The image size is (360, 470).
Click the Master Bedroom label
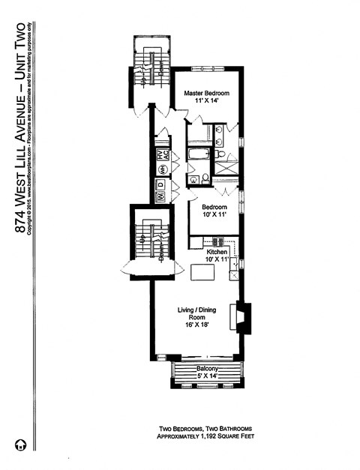(x=207, y=93)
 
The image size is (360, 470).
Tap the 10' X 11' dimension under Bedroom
(x=215, y=214)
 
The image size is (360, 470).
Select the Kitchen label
(x=217, y=252)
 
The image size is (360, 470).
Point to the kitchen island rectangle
(x=202, y=274)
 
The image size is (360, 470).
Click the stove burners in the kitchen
(x=219, y=241)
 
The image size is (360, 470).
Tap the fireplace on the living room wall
(x=243, y=316)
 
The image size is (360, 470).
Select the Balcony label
(x=207, y=369)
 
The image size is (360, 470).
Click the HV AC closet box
(x=160, y=157)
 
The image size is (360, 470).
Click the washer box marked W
(x=160, y=197)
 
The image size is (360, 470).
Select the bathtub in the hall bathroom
(x=199, y=156)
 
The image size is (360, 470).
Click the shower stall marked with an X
(x=226, y=164)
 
